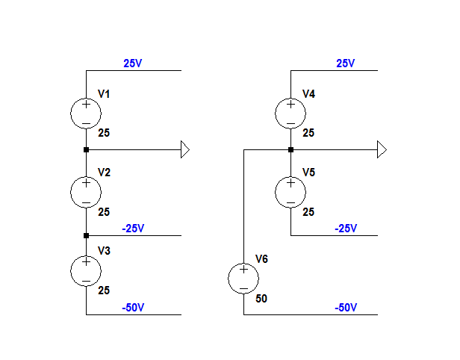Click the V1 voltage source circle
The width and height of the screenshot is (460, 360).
[86, 114]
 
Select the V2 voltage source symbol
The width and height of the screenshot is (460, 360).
[86, 192]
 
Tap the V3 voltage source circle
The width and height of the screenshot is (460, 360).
[86, 270]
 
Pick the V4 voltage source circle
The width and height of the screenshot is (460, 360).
[290, 114]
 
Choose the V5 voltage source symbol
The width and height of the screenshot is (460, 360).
[290, 192]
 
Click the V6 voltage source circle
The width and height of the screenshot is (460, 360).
[243, 279]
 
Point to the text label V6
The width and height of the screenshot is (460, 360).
[261, 259]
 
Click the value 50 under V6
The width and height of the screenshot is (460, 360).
[261, 299]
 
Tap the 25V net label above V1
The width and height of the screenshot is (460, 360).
[132, 63]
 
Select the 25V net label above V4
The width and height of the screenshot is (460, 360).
[346, 63]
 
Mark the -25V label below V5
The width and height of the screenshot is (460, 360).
[346, 228]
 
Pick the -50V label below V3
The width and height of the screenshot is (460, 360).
[132, 307]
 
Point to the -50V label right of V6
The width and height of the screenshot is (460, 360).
[346, 307]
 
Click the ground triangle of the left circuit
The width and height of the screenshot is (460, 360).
[185, 149]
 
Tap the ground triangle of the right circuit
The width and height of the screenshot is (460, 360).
[382, 149]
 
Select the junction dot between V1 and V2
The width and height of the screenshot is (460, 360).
[86, 149]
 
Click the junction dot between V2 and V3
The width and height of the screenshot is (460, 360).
[86, 235]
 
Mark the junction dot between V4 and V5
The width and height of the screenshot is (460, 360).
[290, 149]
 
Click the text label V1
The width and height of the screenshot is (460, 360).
[104, 94]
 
